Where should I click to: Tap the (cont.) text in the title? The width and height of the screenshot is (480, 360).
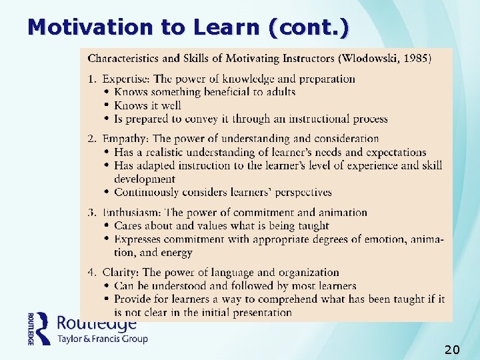pyautogui.click(x=307, y=27)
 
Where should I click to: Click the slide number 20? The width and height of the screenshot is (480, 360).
pyautogui.click(x=451, y=349)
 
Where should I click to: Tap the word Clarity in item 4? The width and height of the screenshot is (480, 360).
pyautogui.click(x=119, y=272)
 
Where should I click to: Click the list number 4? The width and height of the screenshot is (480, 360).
pyautogui.click(x=92, y=272)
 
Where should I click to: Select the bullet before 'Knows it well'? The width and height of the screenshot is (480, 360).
pyautogui.click(x=107, y=105)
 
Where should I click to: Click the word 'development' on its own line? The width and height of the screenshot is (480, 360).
pyautogui.click(x=145, y=179)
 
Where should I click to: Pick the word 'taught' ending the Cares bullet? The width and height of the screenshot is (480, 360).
pyautogui.click(x=313, y=225)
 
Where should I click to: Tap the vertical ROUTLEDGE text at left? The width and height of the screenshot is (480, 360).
pyautogui.click(x=31, y=329)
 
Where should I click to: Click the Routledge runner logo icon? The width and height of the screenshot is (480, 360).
pyautogui.click(x=43, y=329)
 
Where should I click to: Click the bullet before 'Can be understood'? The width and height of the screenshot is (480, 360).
pyautogui.click(x=107, y=285)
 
